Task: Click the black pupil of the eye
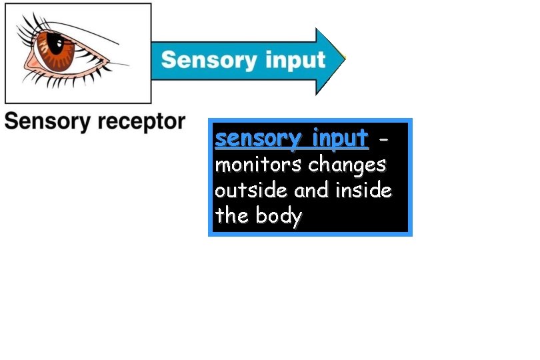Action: coord(57,47)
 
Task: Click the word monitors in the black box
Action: coord(259,164)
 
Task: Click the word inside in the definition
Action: coord(363,190)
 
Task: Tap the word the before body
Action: coord(231,216)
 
